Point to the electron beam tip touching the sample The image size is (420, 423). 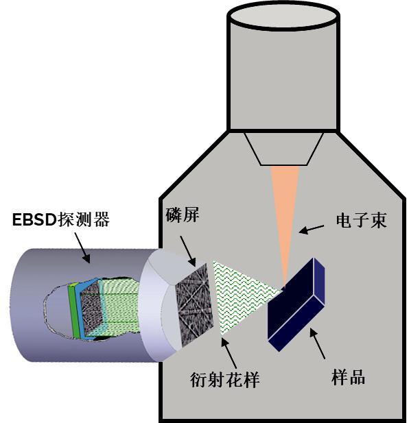coord(284,285)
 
